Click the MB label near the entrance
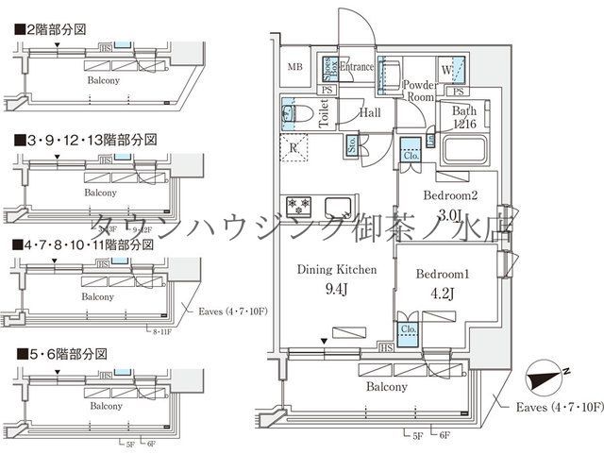[295, 67]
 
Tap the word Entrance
[357, 67]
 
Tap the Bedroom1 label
[443, 273]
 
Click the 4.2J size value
[443, 294]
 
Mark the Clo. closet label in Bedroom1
[409, 330]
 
